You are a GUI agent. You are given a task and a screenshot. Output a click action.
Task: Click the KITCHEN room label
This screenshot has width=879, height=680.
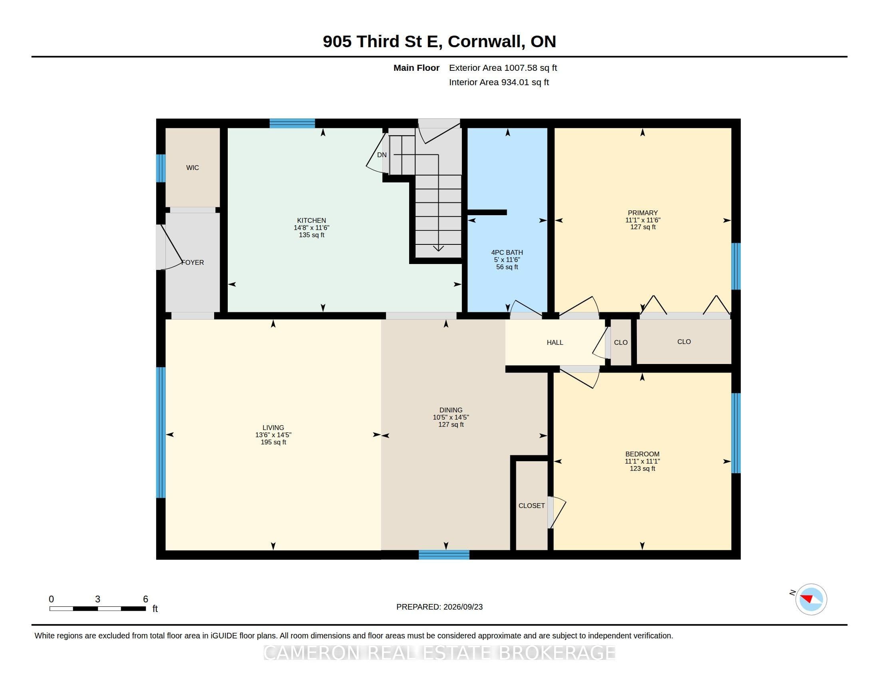tap(312, 220)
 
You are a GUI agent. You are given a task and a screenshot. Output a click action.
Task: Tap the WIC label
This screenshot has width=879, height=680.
tap(193, 168)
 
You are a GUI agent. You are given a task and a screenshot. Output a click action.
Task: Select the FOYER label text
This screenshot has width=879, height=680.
tap(193, 262)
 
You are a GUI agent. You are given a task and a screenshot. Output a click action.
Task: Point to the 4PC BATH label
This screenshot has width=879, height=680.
tap(507, 252)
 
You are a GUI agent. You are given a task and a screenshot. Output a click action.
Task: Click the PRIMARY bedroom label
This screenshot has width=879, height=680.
tap(643, 213)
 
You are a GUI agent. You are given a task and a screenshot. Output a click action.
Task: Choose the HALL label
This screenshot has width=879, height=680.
tap(555, 342)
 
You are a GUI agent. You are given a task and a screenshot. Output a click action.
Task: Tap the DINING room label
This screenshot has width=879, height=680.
tap(451, 410)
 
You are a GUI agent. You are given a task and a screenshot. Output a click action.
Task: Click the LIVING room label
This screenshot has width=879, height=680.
tap(273, 428)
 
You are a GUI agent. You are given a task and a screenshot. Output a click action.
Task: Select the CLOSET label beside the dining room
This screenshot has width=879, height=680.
tap(532, 506)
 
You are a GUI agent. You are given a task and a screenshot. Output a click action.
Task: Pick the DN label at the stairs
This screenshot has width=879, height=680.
tap(382, 155)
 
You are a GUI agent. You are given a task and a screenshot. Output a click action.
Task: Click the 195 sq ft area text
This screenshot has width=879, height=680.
tap(273, 442)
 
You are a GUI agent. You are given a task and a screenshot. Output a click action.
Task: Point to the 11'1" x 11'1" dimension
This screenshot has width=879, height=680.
tap(642, 461)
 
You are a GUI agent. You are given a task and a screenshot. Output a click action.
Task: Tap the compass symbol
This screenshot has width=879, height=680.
tap(811, 599)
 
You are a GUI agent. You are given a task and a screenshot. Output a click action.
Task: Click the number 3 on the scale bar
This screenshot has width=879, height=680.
tap(97, 599)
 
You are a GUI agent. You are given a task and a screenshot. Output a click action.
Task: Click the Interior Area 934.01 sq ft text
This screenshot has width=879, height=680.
tap(499, 82)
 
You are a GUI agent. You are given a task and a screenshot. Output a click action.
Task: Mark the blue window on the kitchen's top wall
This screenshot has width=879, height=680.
tap(292, 123)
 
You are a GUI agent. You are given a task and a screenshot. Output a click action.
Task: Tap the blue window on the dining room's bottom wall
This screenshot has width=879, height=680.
tap(444, 555)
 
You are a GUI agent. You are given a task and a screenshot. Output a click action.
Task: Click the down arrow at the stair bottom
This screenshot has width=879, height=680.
tap(438, 248)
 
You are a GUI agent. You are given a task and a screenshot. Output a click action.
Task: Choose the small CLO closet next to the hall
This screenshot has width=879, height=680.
tap(620, 342)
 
